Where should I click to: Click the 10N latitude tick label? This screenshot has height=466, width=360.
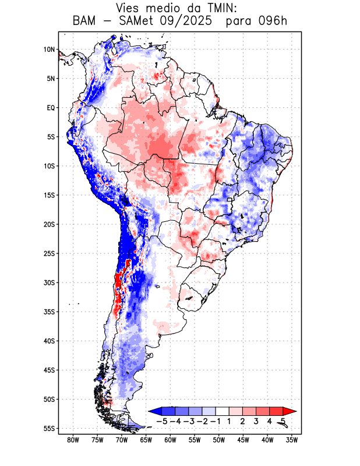coord(49,50)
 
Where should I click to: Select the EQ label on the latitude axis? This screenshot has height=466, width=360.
coord(51,108)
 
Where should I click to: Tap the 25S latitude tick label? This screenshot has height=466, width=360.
coord(49,253)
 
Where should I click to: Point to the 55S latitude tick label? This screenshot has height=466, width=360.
coord(49,428)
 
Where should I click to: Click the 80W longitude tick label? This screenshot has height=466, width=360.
coord(73,440)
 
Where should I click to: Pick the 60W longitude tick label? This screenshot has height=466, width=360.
coord(170,440)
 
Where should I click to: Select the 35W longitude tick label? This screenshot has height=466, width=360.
coord(292,440)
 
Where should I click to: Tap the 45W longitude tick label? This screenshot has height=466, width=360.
coord(243,440)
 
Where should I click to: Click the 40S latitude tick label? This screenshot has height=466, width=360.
coord(49,341)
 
